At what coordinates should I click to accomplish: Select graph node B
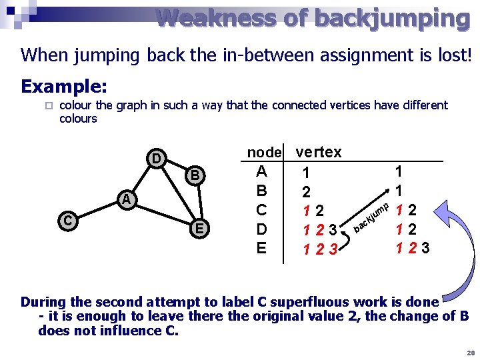click(195, 176)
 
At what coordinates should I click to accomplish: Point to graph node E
click(198, 229)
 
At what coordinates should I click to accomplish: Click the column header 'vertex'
click(318, 152)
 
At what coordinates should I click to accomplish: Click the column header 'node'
click(265, 153)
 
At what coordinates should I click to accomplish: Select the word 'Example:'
click(64, 87)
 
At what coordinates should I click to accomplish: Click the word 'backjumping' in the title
click(392, 18)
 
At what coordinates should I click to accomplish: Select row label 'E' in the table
click(261, 248)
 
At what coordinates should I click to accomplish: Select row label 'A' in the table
click(261, 171)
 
